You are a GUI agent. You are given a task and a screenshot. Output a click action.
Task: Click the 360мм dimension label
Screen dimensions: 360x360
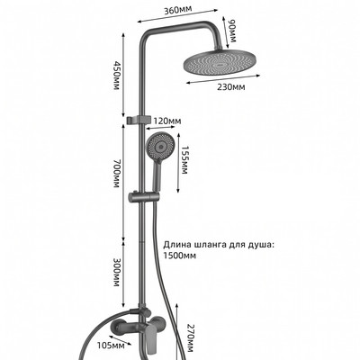pos(177,10)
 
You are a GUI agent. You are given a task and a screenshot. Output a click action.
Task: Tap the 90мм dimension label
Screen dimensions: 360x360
pos(232,31)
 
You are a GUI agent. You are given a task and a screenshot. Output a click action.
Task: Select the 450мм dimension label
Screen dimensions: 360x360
pos(116,76)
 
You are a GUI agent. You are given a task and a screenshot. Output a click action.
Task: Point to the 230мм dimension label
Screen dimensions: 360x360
pos(231,87)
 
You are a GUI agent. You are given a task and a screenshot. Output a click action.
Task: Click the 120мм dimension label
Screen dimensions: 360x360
pos(167,121)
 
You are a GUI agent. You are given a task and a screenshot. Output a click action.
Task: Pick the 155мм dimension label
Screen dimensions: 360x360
pos(184,160)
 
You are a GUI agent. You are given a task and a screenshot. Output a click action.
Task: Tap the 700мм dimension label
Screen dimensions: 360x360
pos(116,174)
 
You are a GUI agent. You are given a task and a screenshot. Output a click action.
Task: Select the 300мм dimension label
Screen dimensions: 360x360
pos(116,272)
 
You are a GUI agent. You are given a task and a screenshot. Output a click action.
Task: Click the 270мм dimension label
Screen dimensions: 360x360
pos(191,338)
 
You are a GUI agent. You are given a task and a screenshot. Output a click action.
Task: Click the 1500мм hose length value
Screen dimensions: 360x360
pos(180,256)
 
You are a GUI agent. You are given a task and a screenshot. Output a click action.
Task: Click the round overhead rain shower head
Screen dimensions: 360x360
pos(221,61)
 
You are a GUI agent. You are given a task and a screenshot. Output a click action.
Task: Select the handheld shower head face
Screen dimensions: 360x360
pos(160,147)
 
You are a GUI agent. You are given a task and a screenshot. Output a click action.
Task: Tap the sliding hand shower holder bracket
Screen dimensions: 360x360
pos(143,197)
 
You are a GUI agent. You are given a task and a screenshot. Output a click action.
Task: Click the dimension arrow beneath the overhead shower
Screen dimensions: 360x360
pos(223,79)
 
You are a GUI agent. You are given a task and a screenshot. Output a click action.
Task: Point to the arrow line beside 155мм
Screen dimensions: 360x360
pos(178,163)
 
